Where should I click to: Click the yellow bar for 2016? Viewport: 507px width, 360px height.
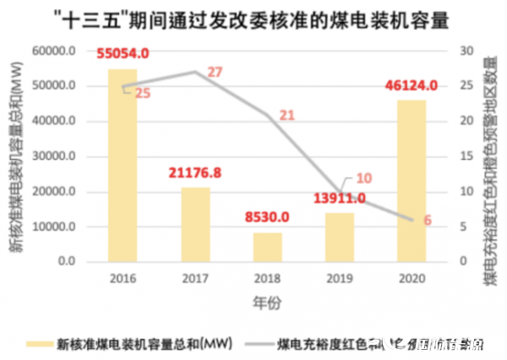click(123, 166)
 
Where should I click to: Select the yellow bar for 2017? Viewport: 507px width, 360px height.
click(195, 225)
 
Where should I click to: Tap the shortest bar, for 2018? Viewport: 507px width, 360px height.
click(268, 247)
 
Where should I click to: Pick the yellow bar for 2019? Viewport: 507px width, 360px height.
click(340, 237)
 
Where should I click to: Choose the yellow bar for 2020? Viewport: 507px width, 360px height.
click(412, 181)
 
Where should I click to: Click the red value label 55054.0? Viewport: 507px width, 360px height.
click(123, 53)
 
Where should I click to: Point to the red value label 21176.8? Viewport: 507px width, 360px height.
click(195, 172)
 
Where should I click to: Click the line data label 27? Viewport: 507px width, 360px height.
click(215, 73)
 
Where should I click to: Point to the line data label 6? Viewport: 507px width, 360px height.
click(427, 221)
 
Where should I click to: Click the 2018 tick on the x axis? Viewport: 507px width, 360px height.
click(267, 278)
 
